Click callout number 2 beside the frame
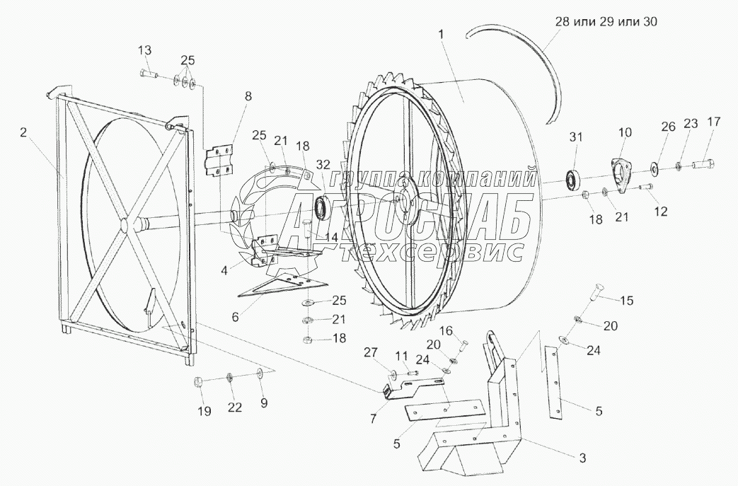(x=24, y=133)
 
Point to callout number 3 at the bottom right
(x=582, y=458)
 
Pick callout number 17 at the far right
(x=713, y=121)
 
